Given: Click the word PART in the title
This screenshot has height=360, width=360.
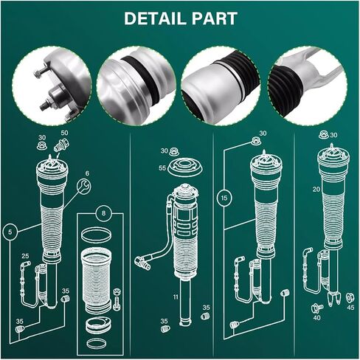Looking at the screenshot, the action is pyautogui.click(x=215, y=18).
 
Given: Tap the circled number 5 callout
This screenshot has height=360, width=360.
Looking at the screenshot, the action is pyautogui.click(x=10, y=232).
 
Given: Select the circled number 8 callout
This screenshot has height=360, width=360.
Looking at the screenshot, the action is pyautogui.click(x=103, y=213).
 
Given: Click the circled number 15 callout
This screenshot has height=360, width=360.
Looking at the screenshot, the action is pyautogui.click(x=224, y=198).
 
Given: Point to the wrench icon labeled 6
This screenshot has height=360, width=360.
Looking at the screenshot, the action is pyautogui.click(x=83, y=186).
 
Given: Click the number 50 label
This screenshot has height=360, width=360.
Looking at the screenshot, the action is pyautogui.click(x=64, y=133).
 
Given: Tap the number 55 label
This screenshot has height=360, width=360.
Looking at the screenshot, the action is pyautogui.click(x=162, y=168).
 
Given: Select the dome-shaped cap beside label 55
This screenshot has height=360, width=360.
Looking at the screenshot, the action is pyautogui.click(x=185, y=167).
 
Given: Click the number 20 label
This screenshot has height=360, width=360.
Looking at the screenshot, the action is pyautogui.click(x=316, y=190).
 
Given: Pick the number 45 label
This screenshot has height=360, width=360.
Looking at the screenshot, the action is pyautogui.click(x=350, y=308).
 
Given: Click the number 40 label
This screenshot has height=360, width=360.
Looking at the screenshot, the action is pyautogui.click(x=317, y=318).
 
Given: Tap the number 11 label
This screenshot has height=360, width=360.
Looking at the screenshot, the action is pyautogui.click(x=176, y=297).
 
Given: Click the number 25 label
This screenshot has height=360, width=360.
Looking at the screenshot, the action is pyautogui.click(x=25, y=256).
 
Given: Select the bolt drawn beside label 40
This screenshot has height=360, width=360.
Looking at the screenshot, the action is pyautogui.click(x=317, y=308).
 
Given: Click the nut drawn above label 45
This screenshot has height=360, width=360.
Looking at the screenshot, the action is pyautogui.click(x=350, y=298).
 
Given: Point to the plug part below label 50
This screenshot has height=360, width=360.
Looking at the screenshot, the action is pyautogui.click(x=61, y=145).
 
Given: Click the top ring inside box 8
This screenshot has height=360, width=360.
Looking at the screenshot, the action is pyautogui.click(x=96, y=235).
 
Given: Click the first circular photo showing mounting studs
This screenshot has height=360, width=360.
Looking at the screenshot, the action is pyautogui.click(x=52, y=86).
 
